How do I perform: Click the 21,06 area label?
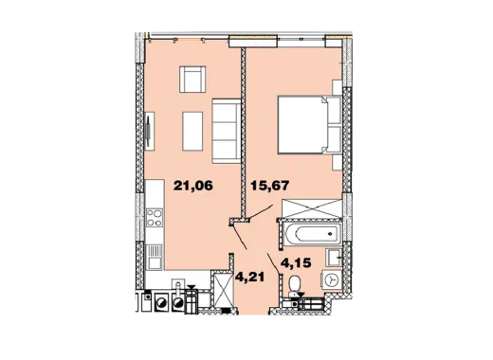[x=193, y=186]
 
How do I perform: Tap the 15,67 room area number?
[x=270, y=186]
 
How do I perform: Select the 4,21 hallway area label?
[x=249, y=277]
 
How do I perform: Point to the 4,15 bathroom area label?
[x=296, y=262]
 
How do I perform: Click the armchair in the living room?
[x=192, y=80]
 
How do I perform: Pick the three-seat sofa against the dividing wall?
[x=227, y=131]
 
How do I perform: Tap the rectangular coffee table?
[x=192, y=131]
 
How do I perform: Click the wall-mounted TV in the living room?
[x=148, y=131]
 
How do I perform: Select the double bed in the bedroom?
[x=310, y=125]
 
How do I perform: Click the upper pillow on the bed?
[x=334, y=111]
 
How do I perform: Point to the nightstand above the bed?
[x=338, y=87]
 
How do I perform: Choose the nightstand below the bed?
[x=338, y=162]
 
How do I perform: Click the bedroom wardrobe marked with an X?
[x=312, y=208]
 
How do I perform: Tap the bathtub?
[x=313, y=234]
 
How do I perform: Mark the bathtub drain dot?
[x=330, y=234]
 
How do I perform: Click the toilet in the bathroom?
[x=295, y=285]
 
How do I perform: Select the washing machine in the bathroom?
[x=331, y=279]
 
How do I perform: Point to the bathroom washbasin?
[x=334, y=258]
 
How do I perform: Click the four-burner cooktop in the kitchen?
[x=155, y=218]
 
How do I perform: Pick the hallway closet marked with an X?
[x=223, y=289]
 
